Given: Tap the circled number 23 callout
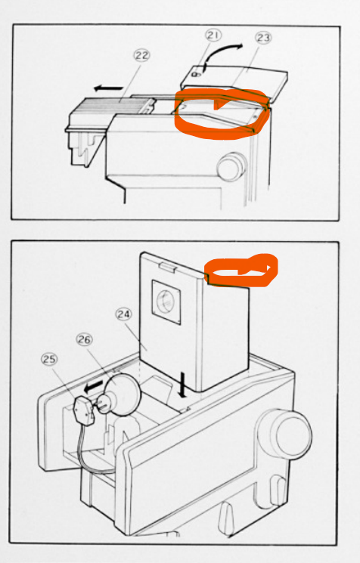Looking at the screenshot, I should coord(264,38).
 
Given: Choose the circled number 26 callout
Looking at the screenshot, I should coord(84,341).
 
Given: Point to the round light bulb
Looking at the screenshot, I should coord(121,397).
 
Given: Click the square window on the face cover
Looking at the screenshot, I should coord(166,300).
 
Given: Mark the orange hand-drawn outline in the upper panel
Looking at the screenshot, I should coord(220,113).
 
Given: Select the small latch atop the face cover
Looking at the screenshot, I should coord(166,263).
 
